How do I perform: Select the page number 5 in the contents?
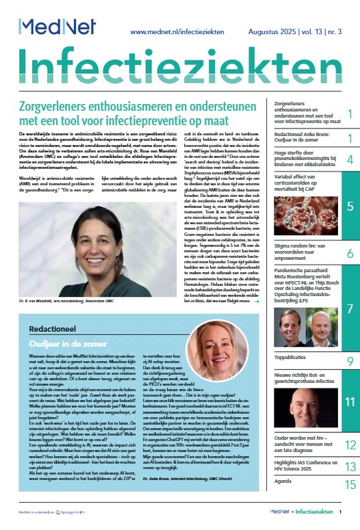click(350, 206)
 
